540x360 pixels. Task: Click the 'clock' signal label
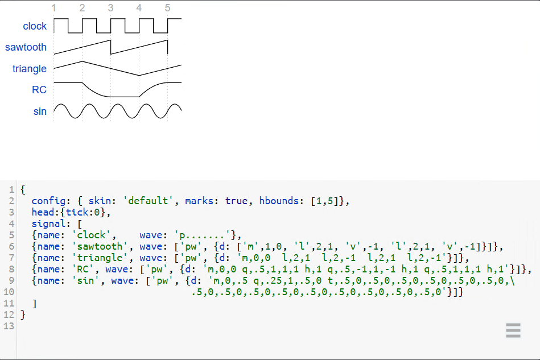coord(35,26)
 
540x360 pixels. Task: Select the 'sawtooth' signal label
coord(26,47)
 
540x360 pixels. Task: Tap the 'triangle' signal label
coord(30,69)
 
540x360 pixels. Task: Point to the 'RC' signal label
coord(39,90)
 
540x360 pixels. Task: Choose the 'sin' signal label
coord(40,111)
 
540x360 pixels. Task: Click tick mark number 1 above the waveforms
coord(53,8)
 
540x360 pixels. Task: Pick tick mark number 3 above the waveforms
coord(110,8)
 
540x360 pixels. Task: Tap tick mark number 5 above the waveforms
coord(167,8)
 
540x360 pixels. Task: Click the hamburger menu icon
coord(513,330)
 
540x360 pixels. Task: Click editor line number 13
coord(8,326)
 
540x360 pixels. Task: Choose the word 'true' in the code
coord(236,201)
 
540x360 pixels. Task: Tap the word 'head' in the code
coord(43,212)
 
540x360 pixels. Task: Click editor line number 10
coord(8,292)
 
